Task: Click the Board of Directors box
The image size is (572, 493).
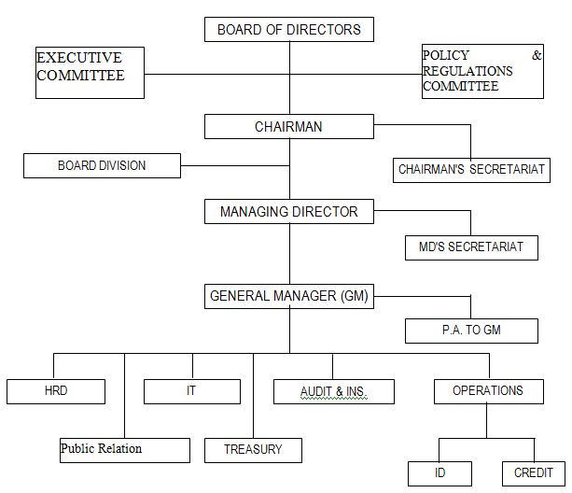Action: coord(289,30)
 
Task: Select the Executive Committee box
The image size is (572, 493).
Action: coord(91,73)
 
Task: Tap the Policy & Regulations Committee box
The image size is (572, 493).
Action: coord(482,72)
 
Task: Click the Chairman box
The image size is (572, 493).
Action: coord(289,126)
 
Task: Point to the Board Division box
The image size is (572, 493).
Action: coord(102,166)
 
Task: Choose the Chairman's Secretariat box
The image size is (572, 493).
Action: coord(471,170)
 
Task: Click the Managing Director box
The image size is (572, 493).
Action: coord(289,212)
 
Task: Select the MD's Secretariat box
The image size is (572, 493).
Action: coord(471,247)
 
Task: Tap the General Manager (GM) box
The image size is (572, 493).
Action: coord(289,297)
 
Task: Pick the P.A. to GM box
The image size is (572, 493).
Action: coord(471,331)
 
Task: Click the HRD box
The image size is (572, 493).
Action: coord(56,391)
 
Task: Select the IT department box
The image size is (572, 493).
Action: coord(192,391)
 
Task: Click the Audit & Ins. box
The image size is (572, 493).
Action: coord(334,391)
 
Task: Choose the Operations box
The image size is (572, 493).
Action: coord(487,391)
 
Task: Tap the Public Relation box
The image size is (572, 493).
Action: coord(125,449)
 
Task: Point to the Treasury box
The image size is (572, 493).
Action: coord(252,450)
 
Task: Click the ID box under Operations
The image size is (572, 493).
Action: coord(439,472)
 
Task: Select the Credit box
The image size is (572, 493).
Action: coord(534,472)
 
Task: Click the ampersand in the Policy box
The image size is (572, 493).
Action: coord(537,56)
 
